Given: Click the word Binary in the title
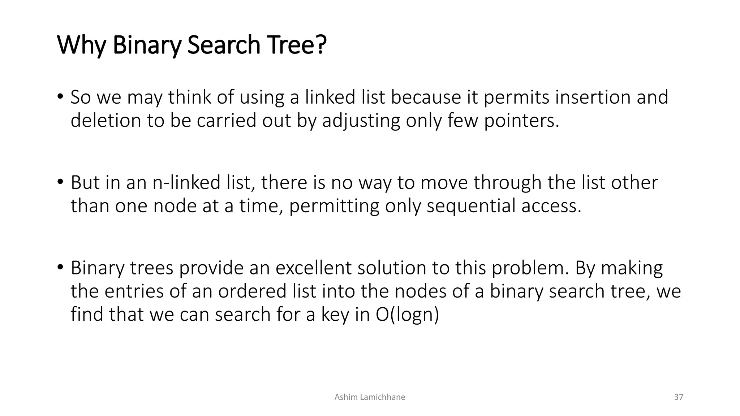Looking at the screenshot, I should point(146,45).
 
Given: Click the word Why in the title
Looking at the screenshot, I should point(82,45).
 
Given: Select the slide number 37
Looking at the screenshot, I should point(679,397).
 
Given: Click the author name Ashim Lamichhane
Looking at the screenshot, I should point(370,397).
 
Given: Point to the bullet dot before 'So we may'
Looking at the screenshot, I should point(60,97).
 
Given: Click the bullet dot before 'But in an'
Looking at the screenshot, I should point(60,182).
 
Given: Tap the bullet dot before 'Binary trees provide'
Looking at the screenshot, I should point(60,268).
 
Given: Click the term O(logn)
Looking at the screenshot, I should point(407,314).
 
